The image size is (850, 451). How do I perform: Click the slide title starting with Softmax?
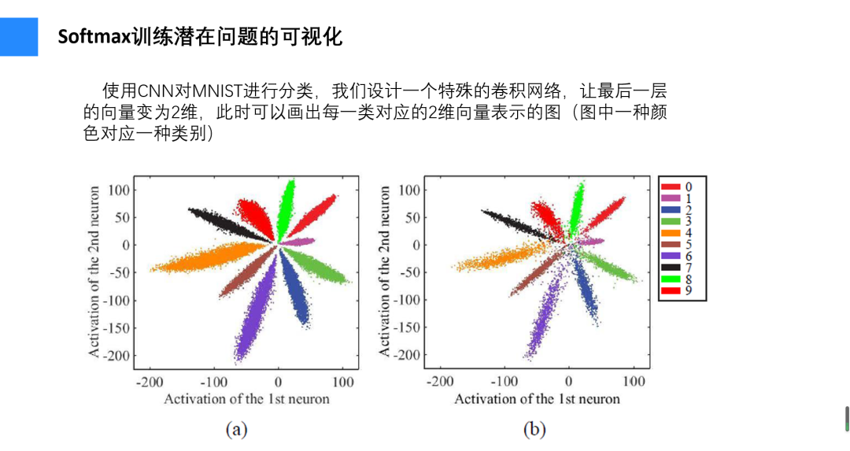(x=200, y=36)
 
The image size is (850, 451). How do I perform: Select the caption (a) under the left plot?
(x=237, y=429)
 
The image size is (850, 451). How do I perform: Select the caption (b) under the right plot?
(x=534, y=429)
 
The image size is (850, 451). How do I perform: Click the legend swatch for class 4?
(x=671, y=233)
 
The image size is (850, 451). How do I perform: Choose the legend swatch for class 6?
(x=671, y=257)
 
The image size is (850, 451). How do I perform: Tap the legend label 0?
(x=689, y=187)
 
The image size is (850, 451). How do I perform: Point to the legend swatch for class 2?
(x=671, y=210)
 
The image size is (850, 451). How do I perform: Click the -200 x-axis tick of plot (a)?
(x=149, y=383)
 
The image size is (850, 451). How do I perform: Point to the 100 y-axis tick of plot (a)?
(x=118, y=190)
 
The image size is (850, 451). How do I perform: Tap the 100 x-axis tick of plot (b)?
(x=634, y=383)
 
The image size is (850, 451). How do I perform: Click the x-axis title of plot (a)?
(x=246, y=399)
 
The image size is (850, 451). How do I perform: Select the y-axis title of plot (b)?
(x=385, y=272)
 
